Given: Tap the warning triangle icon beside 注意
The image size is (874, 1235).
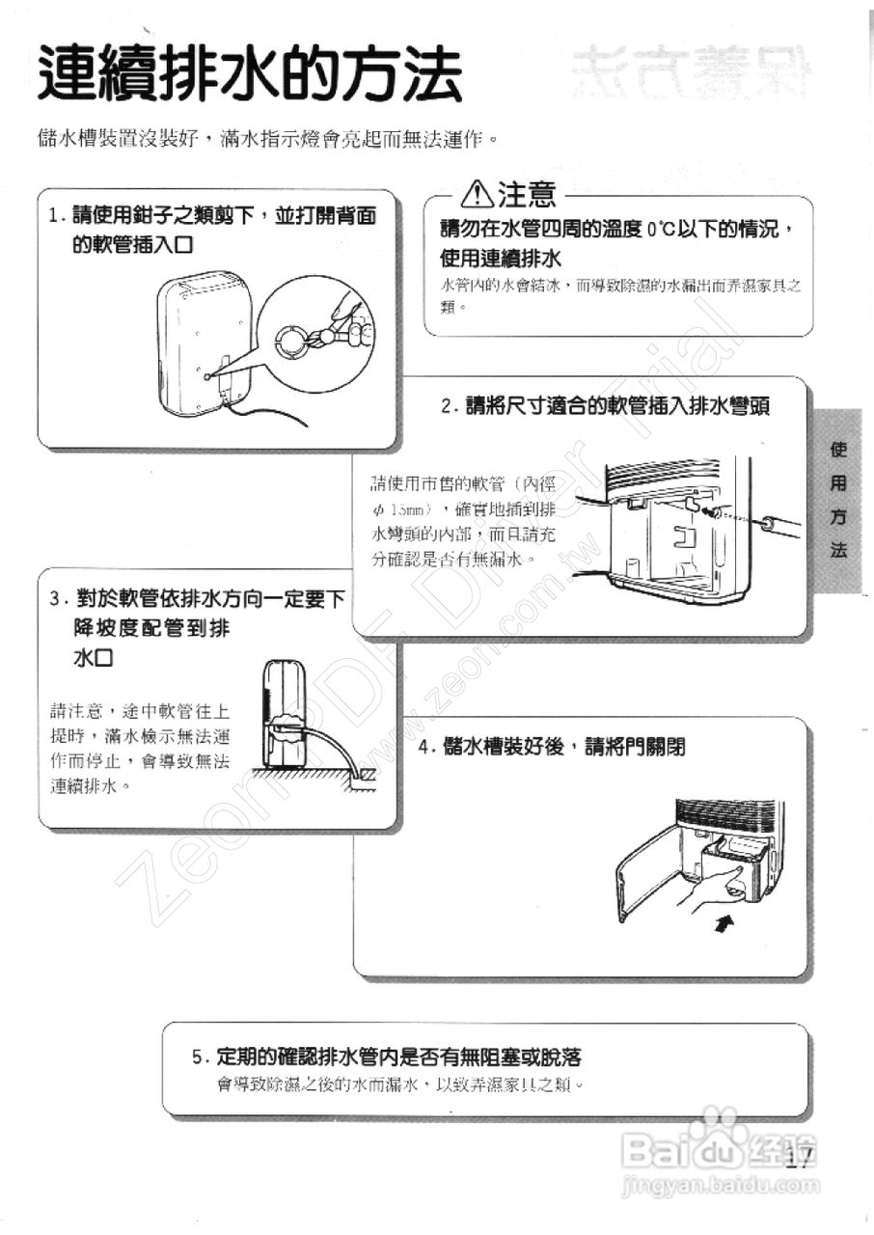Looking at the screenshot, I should coord(478,196).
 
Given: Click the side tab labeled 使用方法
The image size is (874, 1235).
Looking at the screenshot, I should coord(838,500).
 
